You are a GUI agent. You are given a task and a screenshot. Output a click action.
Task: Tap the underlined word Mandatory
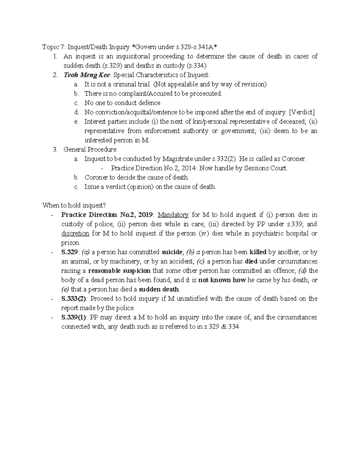coord(173,215)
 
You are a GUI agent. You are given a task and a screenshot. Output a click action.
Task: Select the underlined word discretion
coord(75,233)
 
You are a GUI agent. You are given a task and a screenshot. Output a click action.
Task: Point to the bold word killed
coord(258,252)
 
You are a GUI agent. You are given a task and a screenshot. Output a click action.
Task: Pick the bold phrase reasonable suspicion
coord(119,271)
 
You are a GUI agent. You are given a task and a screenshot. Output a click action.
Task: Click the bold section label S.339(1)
coord(74,317)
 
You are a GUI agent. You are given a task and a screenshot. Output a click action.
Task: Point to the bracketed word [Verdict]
coord(301,112)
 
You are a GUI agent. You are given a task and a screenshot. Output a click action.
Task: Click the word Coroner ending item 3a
coord(295,159)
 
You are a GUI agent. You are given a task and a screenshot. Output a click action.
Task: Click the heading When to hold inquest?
coord(74,206)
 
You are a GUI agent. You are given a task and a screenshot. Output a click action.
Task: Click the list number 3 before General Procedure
coord(55,149)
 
